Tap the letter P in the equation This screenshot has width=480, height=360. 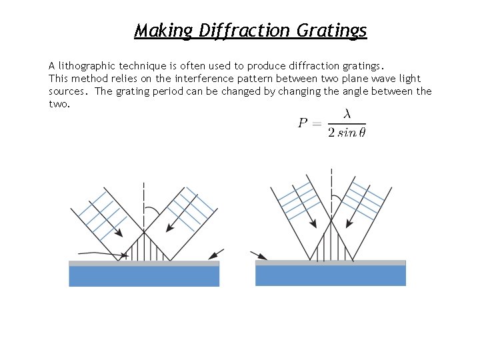tap(303, 123)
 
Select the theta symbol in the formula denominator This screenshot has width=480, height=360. tap(361, 133)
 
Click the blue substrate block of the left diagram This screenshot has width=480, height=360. tap(144, 276)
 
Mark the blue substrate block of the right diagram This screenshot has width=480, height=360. tap(331, 276)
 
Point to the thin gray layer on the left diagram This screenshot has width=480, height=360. tap(144, 263)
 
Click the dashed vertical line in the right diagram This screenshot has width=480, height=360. tap(331, 193)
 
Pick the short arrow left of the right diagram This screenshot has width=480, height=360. tap(259, 255)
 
